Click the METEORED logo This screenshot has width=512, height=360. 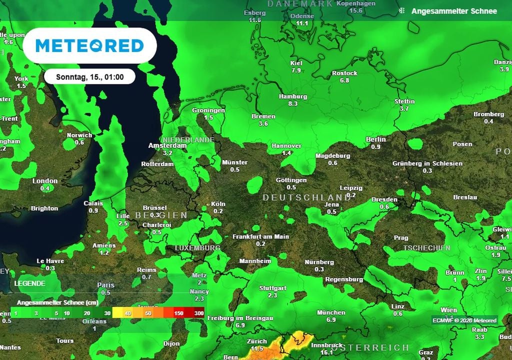90,46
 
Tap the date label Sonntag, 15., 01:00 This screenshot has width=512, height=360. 90,77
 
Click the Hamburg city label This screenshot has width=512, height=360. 293,96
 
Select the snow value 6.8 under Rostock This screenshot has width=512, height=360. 344,80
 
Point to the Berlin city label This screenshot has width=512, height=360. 376,139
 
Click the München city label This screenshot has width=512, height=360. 331,312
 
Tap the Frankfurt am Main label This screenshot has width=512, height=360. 261,236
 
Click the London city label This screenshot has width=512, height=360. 45,181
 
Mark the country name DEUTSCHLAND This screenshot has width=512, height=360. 307,198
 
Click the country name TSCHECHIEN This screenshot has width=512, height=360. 426,248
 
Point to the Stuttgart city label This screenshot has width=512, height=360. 272,288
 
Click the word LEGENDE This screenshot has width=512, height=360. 29,283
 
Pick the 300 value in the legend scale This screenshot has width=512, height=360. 198,313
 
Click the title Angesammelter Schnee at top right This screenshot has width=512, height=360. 454,11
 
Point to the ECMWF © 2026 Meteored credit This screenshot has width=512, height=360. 464,320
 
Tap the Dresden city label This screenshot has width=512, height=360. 384,199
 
